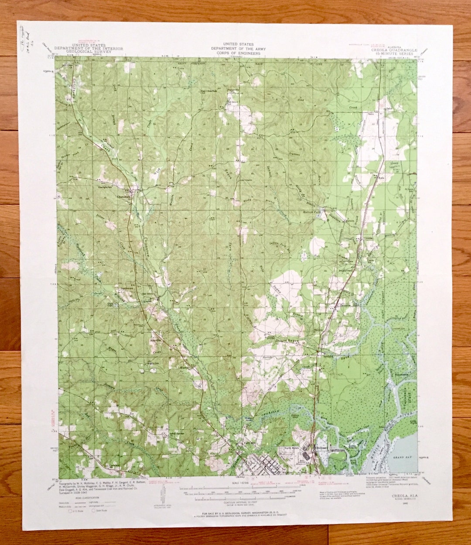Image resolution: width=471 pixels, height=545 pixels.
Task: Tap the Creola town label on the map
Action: coord(368,238)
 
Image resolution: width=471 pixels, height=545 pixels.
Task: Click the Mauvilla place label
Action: coord(156,339)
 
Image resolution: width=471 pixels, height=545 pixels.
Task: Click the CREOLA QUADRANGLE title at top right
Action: coord(394,50)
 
